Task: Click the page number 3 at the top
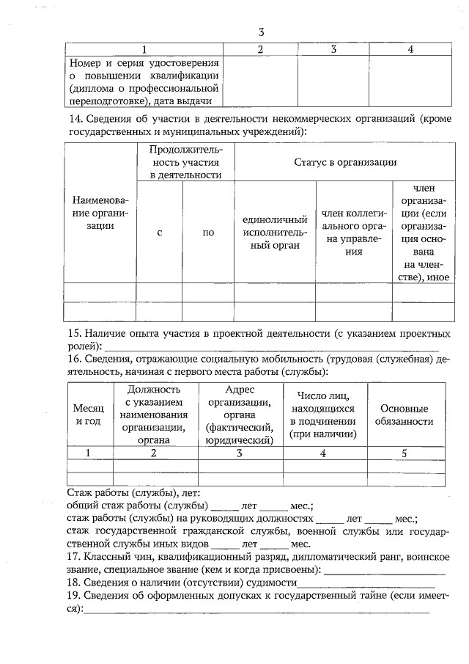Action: [262, 32]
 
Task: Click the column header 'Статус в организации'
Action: [345, 162]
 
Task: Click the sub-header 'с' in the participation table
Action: [159, 233]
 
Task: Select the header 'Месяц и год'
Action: [89, 415]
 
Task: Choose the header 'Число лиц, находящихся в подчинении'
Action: [322, 415]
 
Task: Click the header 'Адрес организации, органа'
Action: [240, 415]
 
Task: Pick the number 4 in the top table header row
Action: [411, 49]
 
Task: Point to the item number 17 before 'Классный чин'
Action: [73, 556]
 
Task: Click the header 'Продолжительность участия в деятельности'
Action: [185, 162]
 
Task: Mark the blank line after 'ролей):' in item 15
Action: [271, 346]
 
